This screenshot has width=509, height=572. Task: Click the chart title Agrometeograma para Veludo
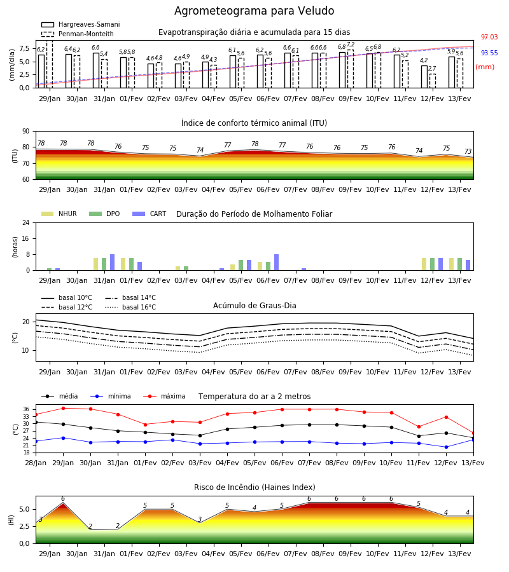pos(254,11)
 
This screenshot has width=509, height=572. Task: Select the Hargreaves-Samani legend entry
pos(80,24)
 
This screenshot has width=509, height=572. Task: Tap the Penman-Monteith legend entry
pos(78,34)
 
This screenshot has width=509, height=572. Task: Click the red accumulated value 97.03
pos(489,37)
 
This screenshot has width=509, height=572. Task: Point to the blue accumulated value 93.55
pos(489,53)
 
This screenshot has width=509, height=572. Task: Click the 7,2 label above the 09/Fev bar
pos(351,44)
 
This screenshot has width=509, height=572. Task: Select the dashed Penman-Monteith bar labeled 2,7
pos(432,81)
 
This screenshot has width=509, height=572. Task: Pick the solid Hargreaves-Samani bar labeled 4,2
pos(424,77)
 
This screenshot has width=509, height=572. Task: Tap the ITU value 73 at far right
pos(468,151)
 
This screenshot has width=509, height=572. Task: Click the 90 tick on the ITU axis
pos(26,132)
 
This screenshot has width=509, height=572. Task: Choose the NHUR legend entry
pos(59,214)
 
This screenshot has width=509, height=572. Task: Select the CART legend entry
pos(150,214)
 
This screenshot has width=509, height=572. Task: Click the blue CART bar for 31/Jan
pos(112,262)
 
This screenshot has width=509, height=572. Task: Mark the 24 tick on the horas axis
pos(26,222)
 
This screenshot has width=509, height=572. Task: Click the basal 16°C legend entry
pos(130,307)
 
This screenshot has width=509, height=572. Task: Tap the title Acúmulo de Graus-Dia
pos(254,305)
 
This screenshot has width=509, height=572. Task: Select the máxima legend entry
pos(164,396)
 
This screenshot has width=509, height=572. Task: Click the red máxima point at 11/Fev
pos(419,427)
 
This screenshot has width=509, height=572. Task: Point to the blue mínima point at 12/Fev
pos(446,447)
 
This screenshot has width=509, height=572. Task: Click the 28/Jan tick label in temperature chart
pos(36,463)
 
